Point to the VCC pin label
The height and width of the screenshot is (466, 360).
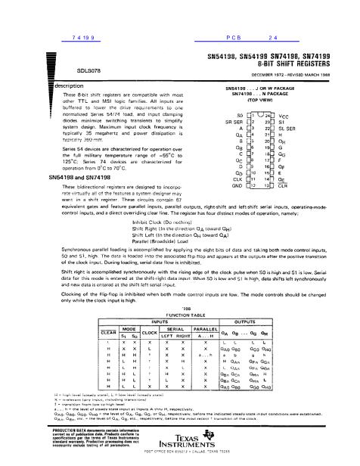(x=297, y=113)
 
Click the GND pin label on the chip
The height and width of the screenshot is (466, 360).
(x=235, y=184)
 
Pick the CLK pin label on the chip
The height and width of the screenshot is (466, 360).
(x=236, y=177)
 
